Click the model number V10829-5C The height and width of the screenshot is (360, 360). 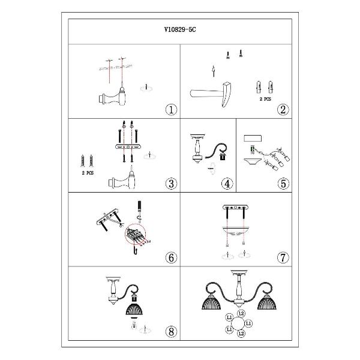tap(180, 29)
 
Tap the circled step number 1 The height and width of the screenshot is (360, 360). tap(171, 110)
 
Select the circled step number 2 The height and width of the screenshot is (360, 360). tap(283, 110)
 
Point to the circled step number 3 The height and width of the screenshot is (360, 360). tap(171, 184)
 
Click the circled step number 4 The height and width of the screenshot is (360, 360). tap(227, 184)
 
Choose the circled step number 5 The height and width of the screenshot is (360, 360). tap(283, 184)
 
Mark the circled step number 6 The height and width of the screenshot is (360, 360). tap(171, 257)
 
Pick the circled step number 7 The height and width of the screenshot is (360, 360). tap(283, 257)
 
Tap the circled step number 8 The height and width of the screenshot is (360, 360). tap(171, 332)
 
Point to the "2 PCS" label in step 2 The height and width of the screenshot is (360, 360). tap(265, 99)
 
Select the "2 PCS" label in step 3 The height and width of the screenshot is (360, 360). tap(88, 173)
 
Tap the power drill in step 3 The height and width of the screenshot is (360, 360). tap(122, 181)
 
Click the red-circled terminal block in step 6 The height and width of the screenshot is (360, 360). tap(136, 233)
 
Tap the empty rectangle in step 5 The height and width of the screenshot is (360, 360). tap(253, 139)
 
